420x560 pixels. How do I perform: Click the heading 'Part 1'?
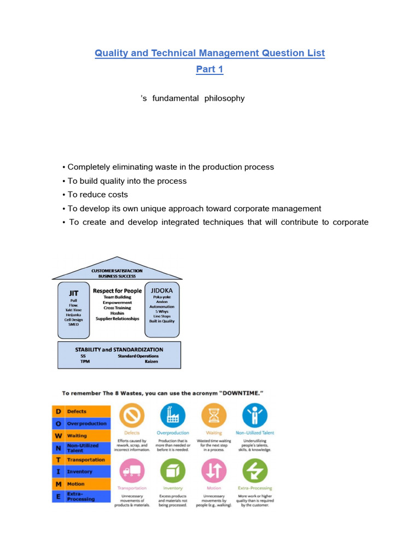pyautogui.click(x=210, y=69)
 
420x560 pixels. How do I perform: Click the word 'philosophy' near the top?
pyautogui.click(x=224, y=98)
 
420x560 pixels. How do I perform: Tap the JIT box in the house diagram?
pyautogui.click(x=73, y=310)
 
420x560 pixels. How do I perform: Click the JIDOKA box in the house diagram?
pyautogui.click(x=162, y=309)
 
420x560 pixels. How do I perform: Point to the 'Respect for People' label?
pyautogui.click(x=117, y=291)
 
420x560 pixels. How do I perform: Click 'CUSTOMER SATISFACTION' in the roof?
pyautogui.click(x=116, y=270)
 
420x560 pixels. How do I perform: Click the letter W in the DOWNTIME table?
pyautogui.click(x=57, y=436)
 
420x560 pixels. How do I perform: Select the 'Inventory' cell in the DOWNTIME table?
pyautogui.click(x=80, y=471)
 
